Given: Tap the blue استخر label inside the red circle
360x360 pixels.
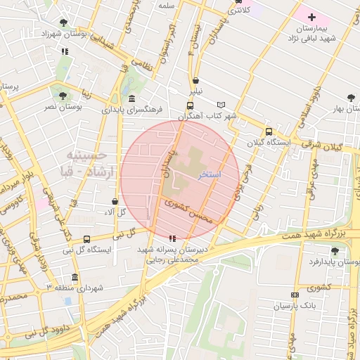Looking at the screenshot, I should tap(210, 174).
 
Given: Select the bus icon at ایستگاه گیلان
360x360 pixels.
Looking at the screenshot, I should tap(269, 131).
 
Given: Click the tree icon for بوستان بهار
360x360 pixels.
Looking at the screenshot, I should tap(351, 98).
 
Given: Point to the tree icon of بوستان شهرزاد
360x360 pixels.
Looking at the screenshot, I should tap(64, 22).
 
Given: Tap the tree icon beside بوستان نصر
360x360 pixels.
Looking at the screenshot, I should tap(63, 95).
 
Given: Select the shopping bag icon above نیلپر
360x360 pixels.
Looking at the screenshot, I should tap(195, 79).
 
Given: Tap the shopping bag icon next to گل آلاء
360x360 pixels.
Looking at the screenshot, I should tap(115, 202).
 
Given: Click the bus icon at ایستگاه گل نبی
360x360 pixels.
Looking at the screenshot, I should tap(86, 239).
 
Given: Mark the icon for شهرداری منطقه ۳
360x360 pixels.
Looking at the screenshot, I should tap(75, 277).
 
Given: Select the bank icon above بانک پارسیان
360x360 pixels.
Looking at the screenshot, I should tap(294, 295).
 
